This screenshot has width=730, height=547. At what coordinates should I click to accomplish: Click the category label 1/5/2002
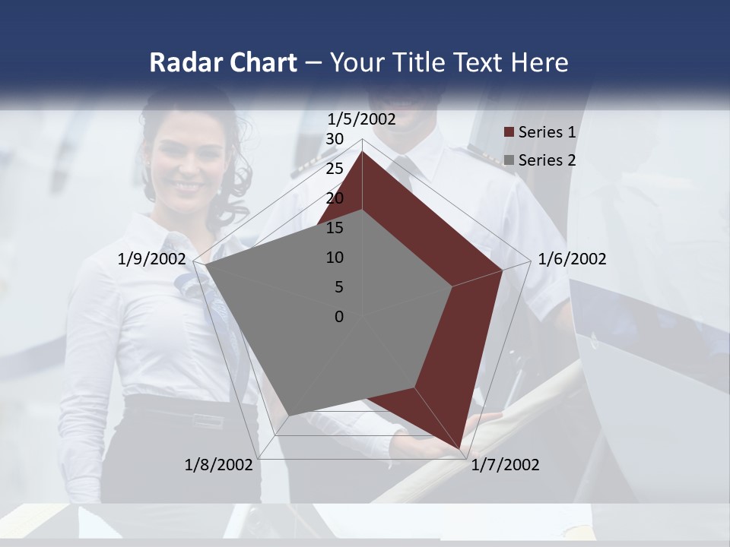point(362,119)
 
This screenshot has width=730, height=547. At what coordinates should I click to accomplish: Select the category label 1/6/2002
point(572,259)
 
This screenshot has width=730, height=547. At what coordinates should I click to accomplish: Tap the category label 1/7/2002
point(505,465)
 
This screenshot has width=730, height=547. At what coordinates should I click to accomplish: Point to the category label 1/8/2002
point(218,465)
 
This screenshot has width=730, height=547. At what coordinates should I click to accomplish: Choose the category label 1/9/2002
point(152,259)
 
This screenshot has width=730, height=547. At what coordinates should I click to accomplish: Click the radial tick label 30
point(335,139)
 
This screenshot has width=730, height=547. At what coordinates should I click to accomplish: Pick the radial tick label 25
point(335,169)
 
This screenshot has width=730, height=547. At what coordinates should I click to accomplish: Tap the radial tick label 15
point(335,228)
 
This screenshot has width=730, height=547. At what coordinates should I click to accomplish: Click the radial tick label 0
point(339,317)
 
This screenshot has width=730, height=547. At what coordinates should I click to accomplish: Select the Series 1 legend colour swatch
point(509,133)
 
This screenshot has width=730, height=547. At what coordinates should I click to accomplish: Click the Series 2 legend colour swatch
point(509,160)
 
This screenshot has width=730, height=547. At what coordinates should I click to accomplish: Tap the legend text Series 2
point(547,160)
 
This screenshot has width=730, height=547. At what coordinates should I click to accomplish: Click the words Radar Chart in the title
point(223,62)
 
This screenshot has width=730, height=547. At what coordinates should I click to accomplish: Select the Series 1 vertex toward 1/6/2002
point(503,269)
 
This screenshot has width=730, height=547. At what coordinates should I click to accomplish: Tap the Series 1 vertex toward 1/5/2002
point(362,151)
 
